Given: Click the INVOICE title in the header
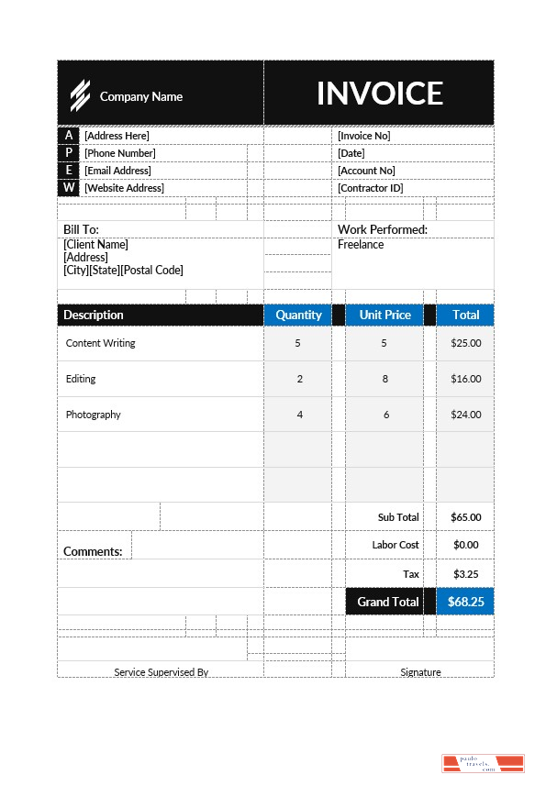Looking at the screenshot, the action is pos(379,94).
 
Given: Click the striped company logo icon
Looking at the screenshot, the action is pos(81,95).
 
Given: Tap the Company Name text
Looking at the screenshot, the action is pos(141,96).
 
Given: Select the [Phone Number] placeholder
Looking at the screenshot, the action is pos(120,153).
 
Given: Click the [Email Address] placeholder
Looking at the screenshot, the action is pos(117,171).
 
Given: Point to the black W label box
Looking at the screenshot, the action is pos(69,188).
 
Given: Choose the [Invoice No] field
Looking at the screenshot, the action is pos(364,136).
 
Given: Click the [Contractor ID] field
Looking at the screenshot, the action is pos(370,188).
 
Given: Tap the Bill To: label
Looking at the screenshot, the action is pos(81,229).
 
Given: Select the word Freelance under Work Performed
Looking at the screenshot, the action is pos(361,245).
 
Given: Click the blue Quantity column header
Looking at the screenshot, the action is pos(298,315).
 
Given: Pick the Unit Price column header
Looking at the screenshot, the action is pos(384,315).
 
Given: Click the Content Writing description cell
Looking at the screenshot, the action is pos(101,343).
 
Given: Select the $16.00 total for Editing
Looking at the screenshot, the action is pos(465,379).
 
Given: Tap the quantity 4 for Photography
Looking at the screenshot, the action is pos(299,415).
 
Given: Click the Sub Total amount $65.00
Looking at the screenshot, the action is pos(465,517).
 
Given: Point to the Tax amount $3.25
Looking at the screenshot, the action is pos(465,574).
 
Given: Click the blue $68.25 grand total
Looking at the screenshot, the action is pos(465,602).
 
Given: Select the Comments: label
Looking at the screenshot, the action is pos(93,551).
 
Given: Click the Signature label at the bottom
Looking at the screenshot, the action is pos(420,672).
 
